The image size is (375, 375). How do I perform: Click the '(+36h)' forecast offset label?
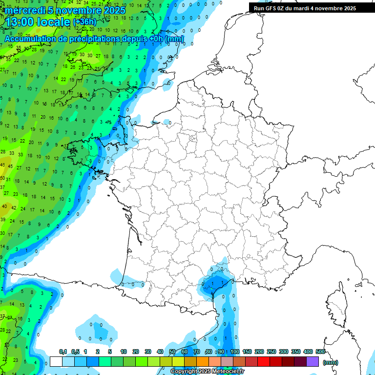85,22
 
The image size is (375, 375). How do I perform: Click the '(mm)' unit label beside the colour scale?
331,362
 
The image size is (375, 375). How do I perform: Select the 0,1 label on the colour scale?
62,352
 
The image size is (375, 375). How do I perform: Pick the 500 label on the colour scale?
320,352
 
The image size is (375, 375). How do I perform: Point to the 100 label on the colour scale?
235,352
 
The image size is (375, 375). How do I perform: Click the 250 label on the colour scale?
271,352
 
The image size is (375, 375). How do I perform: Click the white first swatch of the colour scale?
56,362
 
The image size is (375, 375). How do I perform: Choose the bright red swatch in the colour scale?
264,362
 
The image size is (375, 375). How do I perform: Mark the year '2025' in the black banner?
349,8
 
